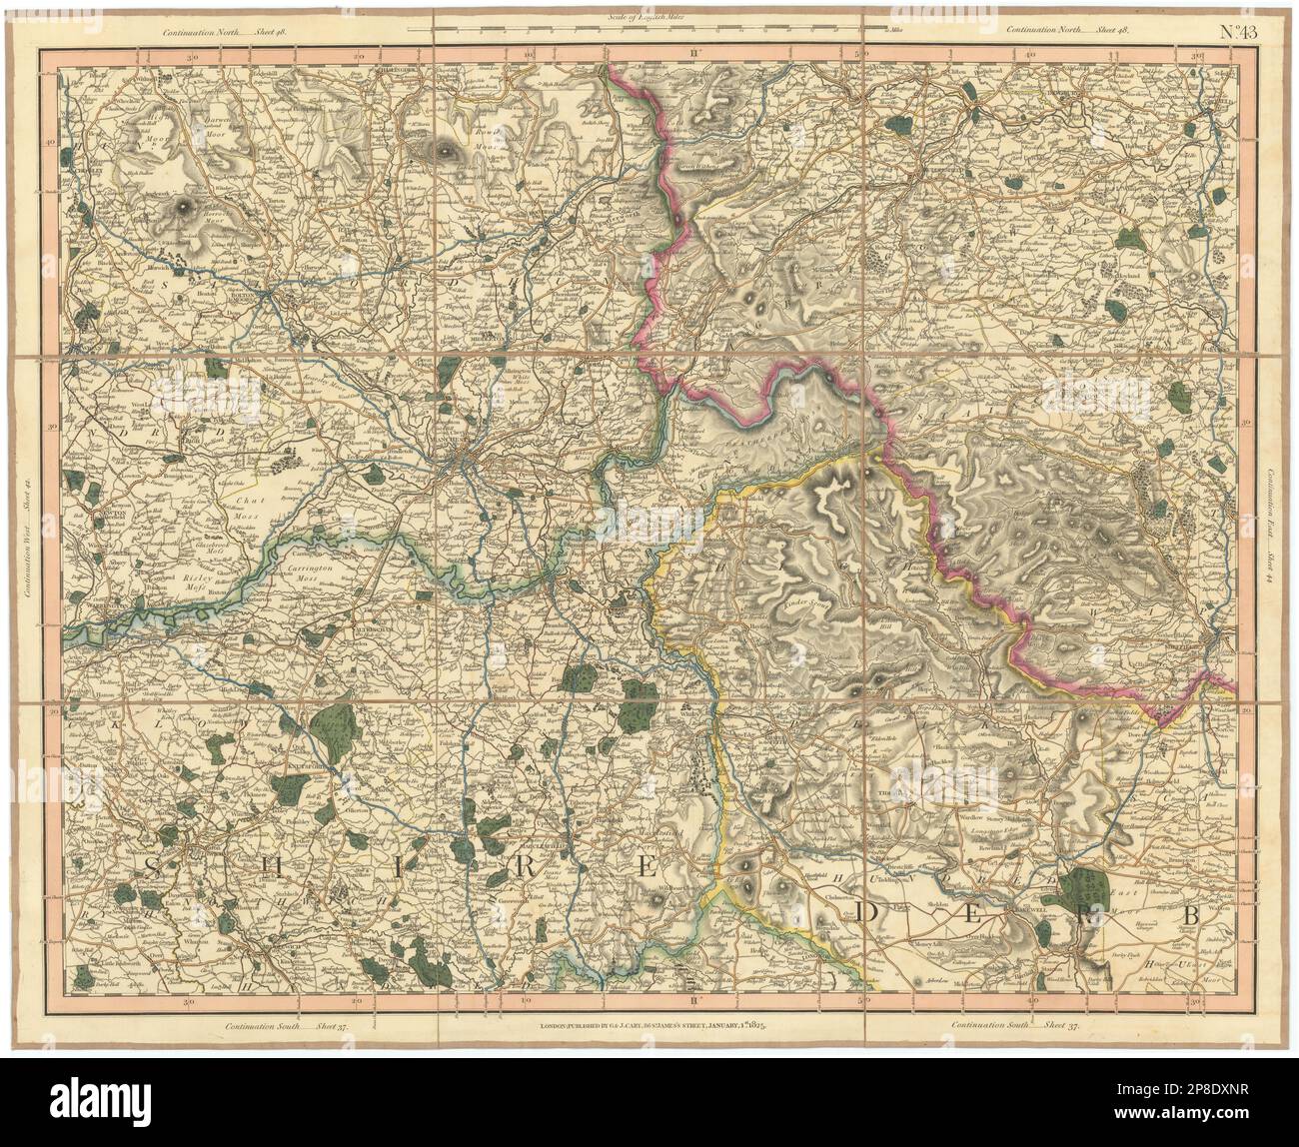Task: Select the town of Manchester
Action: [x=462, y=460]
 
